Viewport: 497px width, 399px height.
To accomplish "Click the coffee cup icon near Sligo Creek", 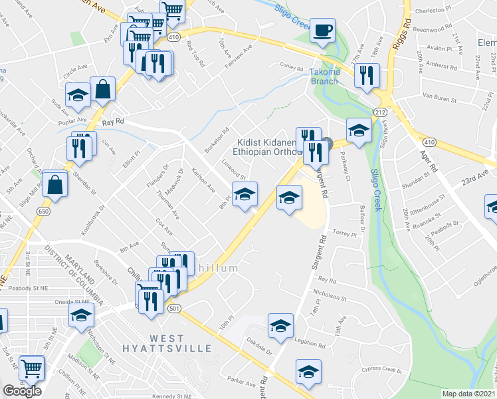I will pos(322,31).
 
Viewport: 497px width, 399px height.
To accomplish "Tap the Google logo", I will pos(22,391).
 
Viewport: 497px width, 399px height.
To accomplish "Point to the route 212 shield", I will pos(379,112).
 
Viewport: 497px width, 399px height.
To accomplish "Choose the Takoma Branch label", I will pos(324,76).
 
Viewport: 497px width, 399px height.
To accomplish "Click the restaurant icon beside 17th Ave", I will pos(366,76).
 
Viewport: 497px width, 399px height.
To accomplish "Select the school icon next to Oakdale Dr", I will pos(280,325).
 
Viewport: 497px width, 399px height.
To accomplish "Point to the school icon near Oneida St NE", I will pos(81,315).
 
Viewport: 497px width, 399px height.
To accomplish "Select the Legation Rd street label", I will pos(308,340).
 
